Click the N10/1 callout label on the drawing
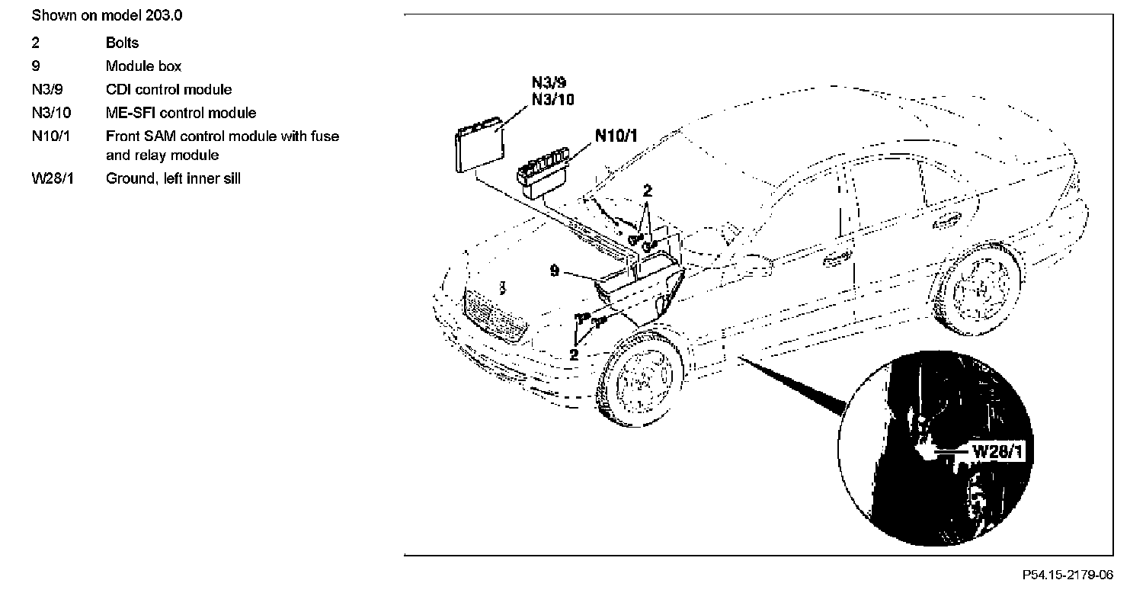tap(616, 136)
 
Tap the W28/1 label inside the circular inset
tap(996, 451)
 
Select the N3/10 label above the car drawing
tap(552, 99)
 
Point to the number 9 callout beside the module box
tap(555, 270)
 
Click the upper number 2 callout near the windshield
tap(647, 191)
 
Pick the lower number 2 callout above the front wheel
tap(574, 354)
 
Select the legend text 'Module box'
tap(143, 66)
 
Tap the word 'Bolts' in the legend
tap(122, 43)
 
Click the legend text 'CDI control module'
tap(168, 90)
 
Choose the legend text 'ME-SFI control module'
tap(181, 114)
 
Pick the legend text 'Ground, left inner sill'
tap(173, 180)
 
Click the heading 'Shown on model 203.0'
tap(107, 15)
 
